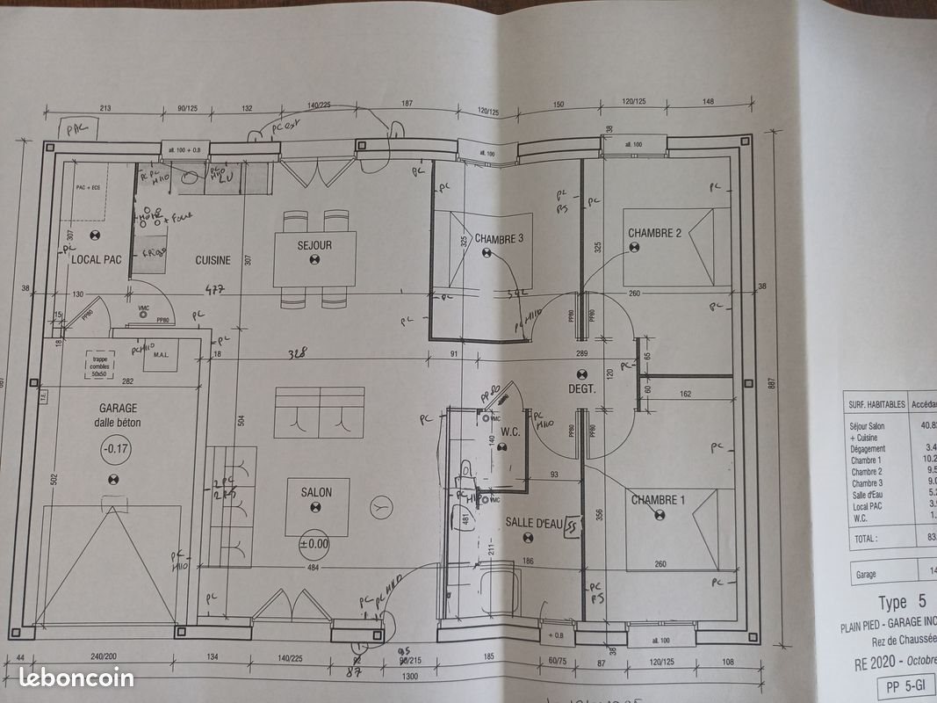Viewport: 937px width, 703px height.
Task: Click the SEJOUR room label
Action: coord(314,245)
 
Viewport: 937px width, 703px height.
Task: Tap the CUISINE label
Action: coord(213,260)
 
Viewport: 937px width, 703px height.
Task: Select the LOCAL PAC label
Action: coord(96,259)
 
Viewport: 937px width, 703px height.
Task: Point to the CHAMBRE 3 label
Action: coord(500,238)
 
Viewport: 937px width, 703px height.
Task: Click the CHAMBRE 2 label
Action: coord(654,233)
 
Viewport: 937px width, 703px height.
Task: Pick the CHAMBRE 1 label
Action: coord(658,500)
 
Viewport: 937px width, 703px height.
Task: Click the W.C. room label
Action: coord(512,431)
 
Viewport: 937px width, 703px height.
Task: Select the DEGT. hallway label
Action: coord(581,388)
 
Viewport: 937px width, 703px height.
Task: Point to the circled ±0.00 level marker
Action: coord(314,543)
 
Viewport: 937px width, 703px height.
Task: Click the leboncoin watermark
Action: coord(76,678)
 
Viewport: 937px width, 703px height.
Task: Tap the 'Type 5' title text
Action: coord(902,603)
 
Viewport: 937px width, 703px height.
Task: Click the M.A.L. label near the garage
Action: coord(161,355)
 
